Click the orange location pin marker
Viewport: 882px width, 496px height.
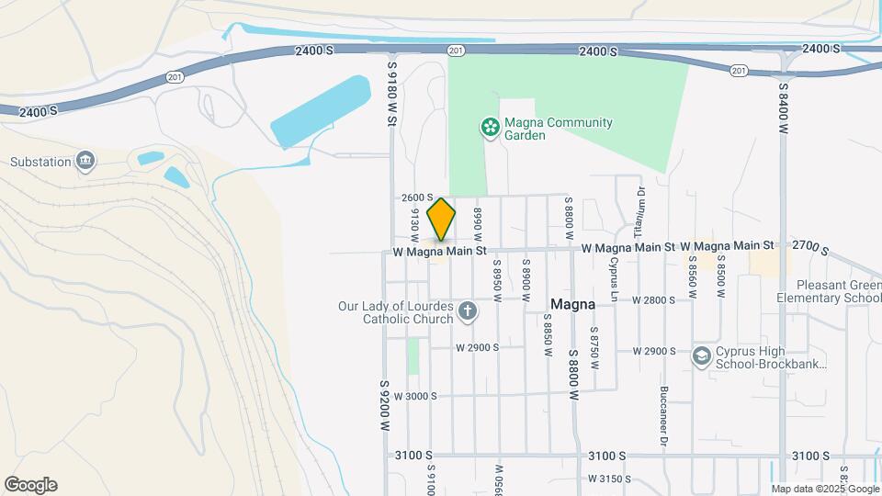pyautogui.click(x=441, y=219)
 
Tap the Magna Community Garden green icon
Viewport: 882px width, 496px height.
pyautogui.click(x=491, y=128)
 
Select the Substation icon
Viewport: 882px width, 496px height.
pyautogui.click(x=85, y=162)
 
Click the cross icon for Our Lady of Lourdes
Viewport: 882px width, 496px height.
pyautogui.click(x=467, y=311)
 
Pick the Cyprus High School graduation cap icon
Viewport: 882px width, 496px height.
pyautogui.click(x=702, y=356)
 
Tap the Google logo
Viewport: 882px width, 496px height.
pyautogui.click(x=30, y=485)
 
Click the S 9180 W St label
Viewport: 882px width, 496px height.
pyautogui.click(x=391, y=92)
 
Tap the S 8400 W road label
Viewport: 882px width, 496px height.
pyautogui.click(x=783, y=109)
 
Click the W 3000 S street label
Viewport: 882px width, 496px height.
pyautogui.click(x=415, y=396)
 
